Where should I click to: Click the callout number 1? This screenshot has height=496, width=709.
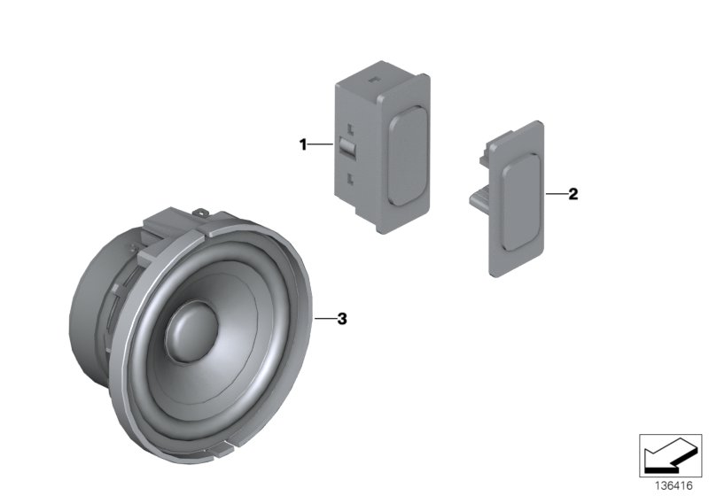pos(303,144)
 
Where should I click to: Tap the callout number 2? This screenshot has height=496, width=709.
pos(573,194)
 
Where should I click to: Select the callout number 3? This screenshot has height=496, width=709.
pos(342,319)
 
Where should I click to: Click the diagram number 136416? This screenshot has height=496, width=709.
pos(674,486)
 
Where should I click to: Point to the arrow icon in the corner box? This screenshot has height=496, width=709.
pos(670,456)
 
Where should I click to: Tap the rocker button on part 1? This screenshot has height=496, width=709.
pos(408,156)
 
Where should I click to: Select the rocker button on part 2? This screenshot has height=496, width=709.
pos(521,202)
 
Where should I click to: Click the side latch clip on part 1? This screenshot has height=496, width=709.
pos(347,147)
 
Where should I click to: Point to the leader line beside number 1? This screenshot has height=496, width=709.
pos(321,144)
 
